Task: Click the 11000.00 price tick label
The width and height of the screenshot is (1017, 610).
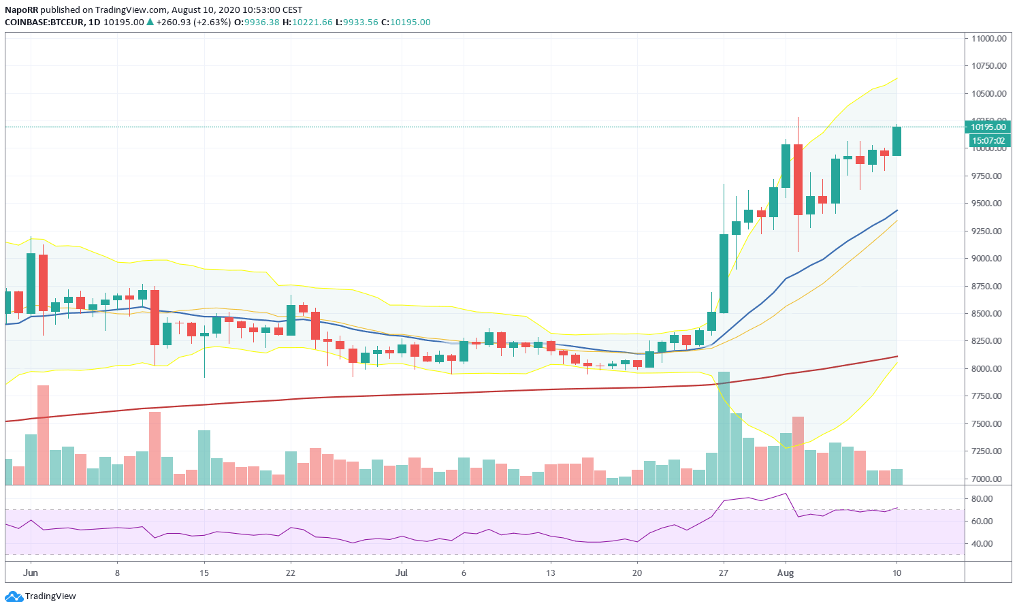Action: (x=988, y=39)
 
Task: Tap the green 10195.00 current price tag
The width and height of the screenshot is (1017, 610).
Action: (x=988, y=127)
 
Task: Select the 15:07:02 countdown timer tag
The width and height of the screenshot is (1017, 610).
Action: (x=988, y=141)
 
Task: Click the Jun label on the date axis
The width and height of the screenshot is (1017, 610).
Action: (x=30, y=573)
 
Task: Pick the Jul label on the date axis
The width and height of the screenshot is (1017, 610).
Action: (x=402, y=573)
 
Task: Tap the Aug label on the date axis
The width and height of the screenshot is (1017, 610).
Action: (x=786, y=573)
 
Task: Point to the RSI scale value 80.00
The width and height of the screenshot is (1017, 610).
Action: (x=981, y=499)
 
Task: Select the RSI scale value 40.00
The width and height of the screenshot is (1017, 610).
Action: (x=981, y=544)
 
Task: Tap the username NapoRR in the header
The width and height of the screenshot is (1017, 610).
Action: (x=21, y=10)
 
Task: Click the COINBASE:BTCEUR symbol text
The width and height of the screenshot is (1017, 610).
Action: (x=44, y=22)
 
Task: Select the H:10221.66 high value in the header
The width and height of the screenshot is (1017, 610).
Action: (x=308, y=22)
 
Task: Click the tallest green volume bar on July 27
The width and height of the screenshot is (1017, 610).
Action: (x=724, y=428)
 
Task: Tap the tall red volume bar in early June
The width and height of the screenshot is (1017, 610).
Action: (x=43, y=434)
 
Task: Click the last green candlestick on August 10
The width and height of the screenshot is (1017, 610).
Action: (x=897, y=141)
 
